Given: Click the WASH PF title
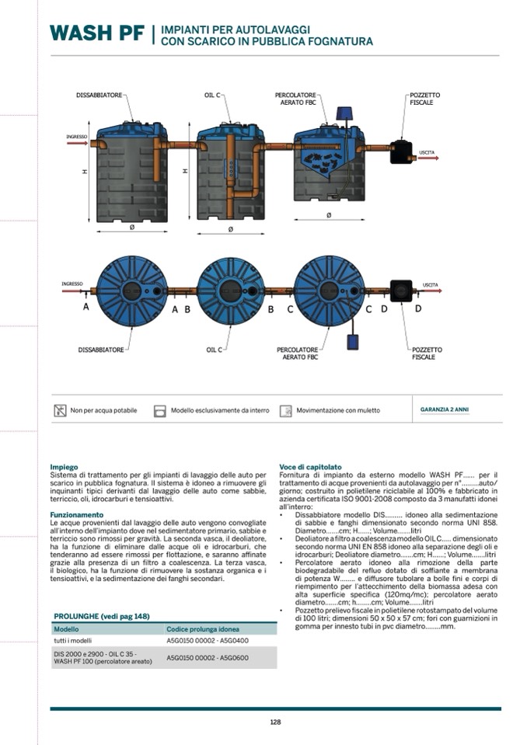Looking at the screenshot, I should [x=97, y=33].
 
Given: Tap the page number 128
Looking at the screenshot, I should [x=275, y=722].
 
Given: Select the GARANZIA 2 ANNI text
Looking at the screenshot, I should [x=444, y=409].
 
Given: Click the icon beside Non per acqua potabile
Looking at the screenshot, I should [x=60, y=410].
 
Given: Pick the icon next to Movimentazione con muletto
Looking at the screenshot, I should [x=285, y=410].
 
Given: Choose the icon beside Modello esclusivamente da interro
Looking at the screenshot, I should [x=160, y=410].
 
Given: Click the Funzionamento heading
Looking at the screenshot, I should [x=76, y=514].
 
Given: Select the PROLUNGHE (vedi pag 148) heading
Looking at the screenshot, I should [x=101, y=615].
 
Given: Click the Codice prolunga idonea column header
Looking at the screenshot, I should [x=202, y=628].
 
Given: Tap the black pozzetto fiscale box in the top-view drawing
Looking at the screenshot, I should [x=401, y=291].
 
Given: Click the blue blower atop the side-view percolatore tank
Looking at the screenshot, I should [x=342, y=113].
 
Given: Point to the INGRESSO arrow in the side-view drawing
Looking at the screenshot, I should [x=77, y=143].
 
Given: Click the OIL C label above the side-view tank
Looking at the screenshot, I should [x=212, y=95].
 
